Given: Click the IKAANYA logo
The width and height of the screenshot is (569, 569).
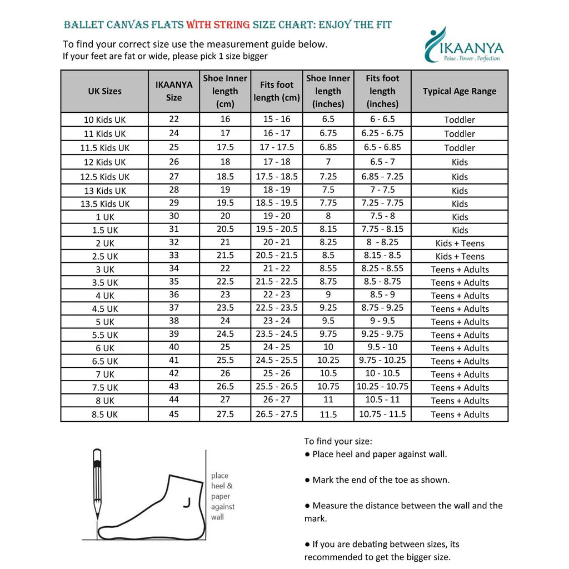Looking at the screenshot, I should point(462,44).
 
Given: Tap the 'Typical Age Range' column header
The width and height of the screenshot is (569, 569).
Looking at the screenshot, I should point(459,91).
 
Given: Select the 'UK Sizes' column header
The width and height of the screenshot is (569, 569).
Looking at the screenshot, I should point(104,91).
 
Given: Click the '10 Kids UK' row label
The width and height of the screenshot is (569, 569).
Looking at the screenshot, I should point(104,119).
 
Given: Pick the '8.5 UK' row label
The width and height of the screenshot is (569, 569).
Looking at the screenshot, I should point(104,415).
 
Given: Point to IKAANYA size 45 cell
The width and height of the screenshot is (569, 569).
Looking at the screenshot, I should point(174,414).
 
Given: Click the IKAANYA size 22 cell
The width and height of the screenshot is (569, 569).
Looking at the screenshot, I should point(174,119).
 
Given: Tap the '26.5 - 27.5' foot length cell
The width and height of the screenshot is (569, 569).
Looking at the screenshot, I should point(277,414).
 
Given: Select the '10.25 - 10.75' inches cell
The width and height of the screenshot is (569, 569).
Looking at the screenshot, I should point(382,387).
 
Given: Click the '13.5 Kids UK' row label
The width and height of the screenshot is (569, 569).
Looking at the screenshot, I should point(104,204).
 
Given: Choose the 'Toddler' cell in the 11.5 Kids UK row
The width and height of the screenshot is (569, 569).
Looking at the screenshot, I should point(460,148).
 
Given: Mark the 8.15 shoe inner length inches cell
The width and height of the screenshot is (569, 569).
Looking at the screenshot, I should point(328,229).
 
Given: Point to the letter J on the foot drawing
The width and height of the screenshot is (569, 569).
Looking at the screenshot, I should point(187,502).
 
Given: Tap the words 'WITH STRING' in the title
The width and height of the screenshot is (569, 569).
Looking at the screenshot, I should point(218,25).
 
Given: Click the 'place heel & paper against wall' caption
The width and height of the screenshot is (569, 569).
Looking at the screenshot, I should point(222,496).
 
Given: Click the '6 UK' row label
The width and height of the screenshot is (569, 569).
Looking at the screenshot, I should point(104,348).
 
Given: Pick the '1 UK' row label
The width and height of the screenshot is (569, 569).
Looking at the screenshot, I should point(104,217).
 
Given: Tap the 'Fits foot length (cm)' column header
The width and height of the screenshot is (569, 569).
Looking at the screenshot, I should point(277,91).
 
